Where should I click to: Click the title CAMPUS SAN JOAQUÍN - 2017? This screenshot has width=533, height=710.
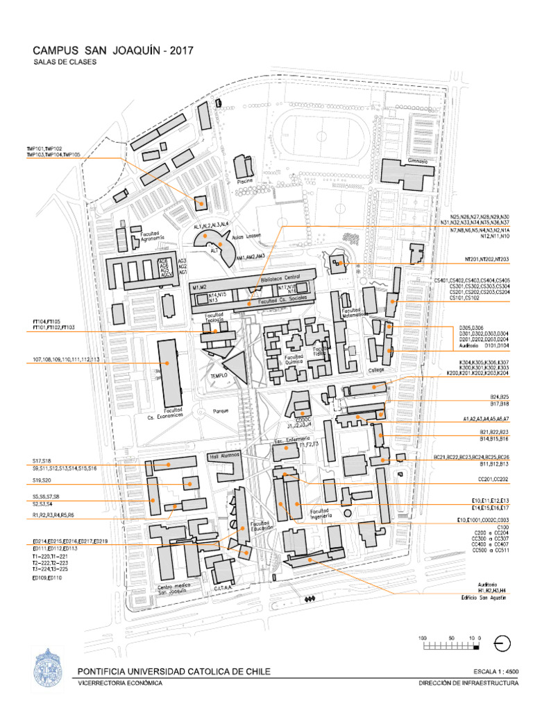point(114,51)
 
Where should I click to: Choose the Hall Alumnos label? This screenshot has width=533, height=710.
point(225,456)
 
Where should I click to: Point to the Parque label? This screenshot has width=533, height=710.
point(221,410)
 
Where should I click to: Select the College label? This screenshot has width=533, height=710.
point(376,370)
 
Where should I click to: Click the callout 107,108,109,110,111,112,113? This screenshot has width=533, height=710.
point(66,360)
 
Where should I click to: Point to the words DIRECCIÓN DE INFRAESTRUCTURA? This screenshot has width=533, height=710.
point(468,682)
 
